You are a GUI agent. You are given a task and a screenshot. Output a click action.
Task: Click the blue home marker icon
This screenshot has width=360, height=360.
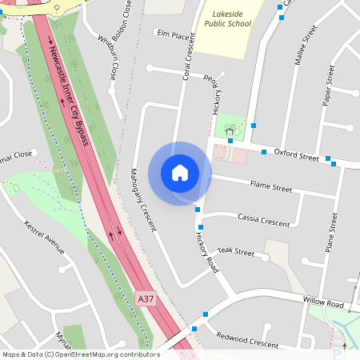click(x=180, y=172)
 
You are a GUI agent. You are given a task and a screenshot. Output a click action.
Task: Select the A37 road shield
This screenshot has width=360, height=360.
click(x=145, y=298)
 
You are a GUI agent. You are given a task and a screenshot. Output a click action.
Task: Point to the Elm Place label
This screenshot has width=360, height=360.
click(x=174, y=36)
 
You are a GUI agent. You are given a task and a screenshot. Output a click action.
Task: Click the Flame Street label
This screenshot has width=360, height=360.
click(x=271, y=188)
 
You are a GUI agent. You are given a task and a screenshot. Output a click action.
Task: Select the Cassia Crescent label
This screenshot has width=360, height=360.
click(x=263, y=221)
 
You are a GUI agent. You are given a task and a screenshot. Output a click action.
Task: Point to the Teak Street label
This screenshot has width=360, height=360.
click(x=235, y=252)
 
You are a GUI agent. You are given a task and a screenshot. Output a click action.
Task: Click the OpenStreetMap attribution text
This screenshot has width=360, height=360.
click(x=81, y=354)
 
